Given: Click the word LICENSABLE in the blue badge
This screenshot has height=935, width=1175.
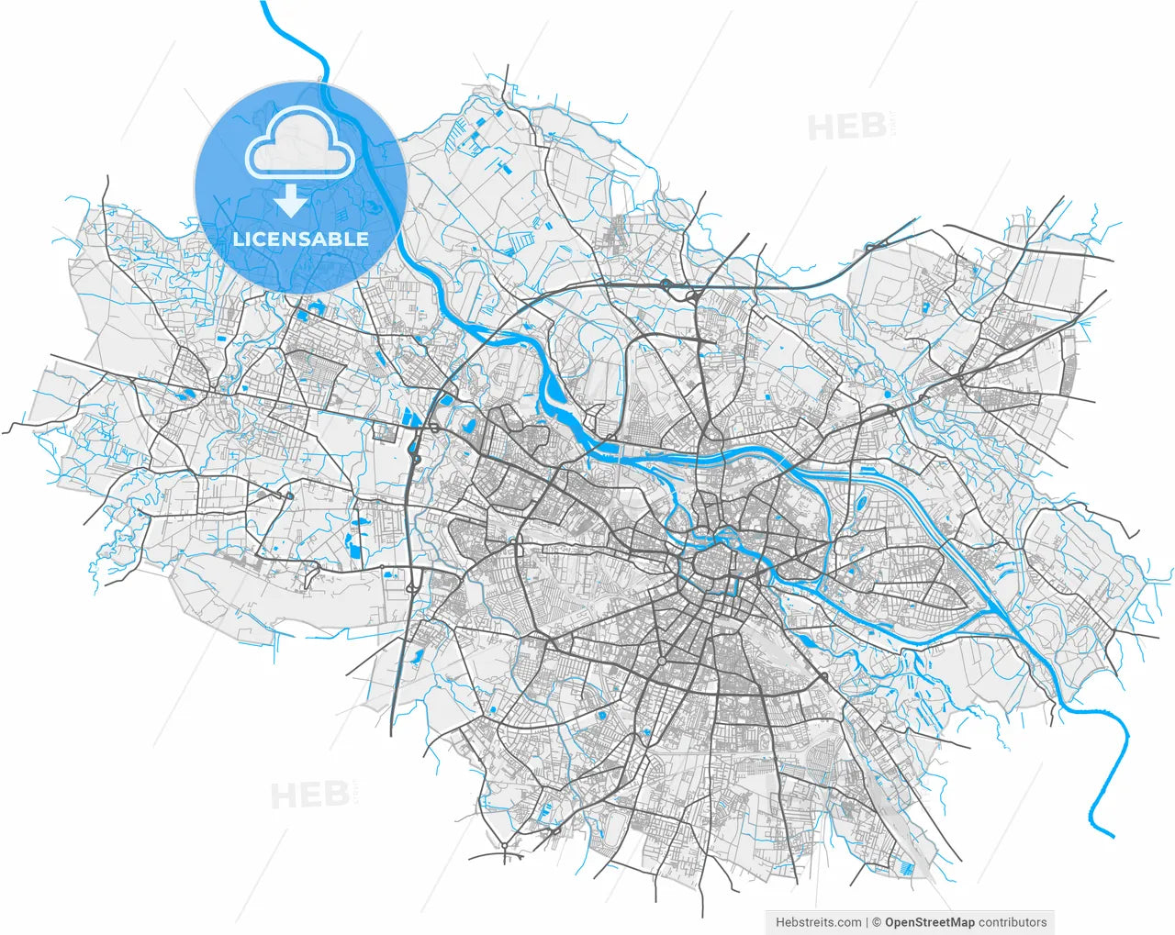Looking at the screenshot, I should coord(300,239).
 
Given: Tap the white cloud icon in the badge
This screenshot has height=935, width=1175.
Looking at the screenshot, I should coord(300,144).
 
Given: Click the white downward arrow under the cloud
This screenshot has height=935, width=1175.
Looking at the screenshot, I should coord(291,200).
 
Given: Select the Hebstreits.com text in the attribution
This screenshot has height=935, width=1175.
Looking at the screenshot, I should coord(818,922).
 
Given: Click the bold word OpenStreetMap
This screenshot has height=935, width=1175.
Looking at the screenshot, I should coord(929,922).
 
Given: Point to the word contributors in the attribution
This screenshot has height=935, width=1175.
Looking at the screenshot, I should coord(1013,922).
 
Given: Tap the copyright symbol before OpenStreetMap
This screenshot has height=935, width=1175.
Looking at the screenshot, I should coord(878,922).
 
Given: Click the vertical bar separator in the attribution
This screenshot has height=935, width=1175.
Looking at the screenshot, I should coord(867,922).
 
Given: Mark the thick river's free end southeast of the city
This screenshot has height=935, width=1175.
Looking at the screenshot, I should coord(1112,836).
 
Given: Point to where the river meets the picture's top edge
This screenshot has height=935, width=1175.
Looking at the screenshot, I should coord(263,3).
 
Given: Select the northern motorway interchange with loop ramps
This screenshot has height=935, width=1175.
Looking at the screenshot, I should coord(665,285).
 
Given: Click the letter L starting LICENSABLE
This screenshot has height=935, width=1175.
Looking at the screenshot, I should coord(238,239).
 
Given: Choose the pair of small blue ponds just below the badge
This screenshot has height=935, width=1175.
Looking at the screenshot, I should coord(313,310).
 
